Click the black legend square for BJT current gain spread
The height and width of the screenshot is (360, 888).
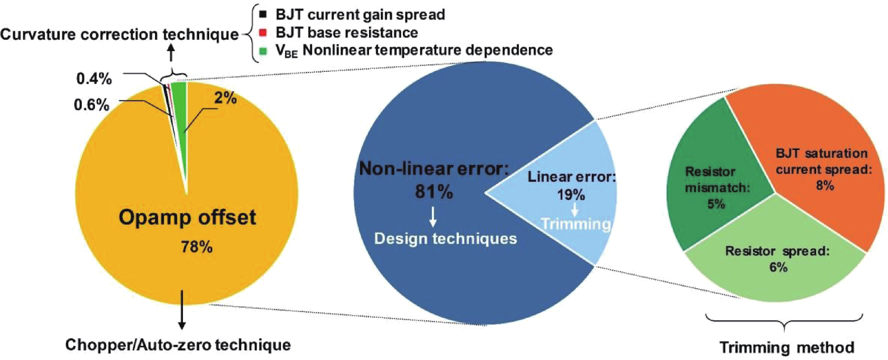point(263,14)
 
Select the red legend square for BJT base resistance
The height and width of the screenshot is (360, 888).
point(263,33)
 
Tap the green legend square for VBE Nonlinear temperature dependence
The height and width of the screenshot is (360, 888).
point(263,51)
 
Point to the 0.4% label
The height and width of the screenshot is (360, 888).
point(94,79)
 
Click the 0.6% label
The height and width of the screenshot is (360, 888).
point(92,105)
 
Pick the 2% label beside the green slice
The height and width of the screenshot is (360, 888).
point(226,98)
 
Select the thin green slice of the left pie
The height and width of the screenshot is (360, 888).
point(180,103)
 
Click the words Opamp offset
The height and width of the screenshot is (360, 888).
point(187,217)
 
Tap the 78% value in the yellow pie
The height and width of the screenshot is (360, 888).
point(197,247)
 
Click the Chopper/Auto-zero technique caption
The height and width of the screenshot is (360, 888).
point(178,345)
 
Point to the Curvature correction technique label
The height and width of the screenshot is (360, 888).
point(119,34)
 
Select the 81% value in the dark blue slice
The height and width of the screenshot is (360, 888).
point(434,192)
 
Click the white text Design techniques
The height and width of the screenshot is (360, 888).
point(445,238)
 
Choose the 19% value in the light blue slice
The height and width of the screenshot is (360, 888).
point(571,195)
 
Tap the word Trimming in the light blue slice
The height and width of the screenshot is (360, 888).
point(576,224)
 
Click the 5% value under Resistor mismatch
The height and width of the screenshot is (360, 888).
point(716,204)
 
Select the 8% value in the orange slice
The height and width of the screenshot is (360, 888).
point(825,185)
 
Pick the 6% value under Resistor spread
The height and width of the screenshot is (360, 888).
point(778,267)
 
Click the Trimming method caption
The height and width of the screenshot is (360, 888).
point(787,347)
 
